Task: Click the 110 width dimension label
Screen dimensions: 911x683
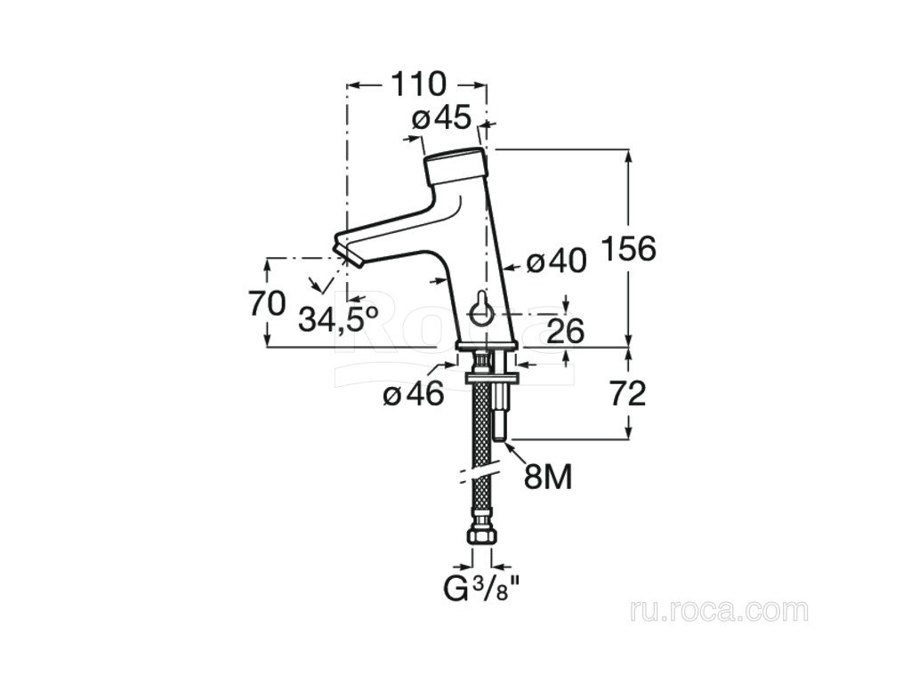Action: pos(418,84)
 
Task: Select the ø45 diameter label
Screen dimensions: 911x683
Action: pos(441,119)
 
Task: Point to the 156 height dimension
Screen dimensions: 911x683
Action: pos(629,249)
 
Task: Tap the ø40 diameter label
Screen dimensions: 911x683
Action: pos(556,261)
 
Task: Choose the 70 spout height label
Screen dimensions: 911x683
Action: pos(267,303)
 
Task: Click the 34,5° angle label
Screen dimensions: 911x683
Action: pos(338,319)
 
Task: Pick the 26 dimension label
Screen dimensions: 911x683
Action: pos(565,332)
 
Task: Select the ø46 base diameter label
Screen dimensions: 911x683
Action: pos(414,395)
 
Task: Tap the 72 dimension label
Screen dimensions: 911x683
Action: pos(628,394)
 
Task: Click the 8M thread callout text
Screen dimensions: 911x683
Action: pos(548,478)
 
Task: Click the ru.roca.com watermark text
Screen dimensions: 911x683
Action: pos(719,611)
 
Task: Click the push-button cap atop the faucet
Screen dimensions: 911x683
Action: pos(455,167)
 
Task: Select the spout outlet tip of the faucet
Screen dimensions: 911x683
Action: pos(348,251)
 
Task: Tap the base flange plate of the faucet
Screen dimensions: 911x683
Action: pos(486,347)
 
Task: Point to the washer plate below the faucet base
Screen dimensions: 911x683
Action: pos(491,378)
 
